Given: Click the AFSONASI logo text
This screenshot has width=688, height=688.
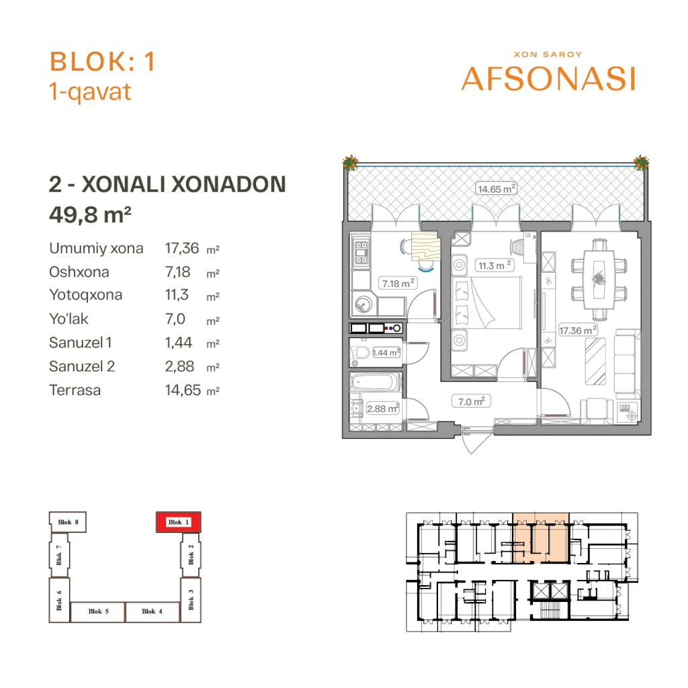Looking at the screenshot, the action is tap(548, 79).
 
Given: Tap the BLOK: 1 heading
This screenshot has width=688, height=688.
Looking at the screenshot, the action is tap(102, 61).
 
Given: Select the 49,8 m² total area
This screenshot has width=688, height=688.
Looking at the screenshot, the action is tap(90, 214).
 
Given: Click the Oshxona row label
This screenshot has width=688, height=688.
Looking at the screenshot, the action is tap(79, 272).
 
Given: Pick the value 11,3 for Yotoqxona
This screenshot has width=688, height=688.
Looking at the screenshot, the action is tap(177, 295).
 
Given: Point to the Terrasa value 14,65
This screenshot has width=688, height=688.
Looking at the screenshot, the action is tap(183, 390).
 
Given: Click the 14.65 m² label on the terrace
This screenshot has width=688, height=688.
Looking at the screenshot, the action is tap(497, 189).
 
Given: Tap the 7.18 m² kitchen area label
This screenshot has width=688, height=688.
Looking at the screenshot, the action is tap(398, 283).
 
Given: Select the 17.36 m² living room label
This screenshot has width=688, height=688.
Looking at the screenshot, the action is tap(578, 330).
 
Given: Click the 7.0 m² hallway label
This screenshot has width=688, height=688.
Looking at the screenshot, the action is tap(471, 402).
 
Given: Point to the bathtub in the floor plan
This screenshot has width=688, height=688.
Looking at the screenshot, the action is tap(375, 382).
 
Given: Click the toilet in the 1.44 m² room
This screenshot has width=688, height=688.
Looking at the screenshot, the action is tap(360, 352).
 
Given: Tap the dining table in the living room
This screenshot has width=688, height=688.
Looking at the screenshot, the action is tap(599, 281).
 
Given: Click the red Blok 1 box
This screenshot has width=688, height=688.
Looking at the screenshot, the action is tap(179, 522).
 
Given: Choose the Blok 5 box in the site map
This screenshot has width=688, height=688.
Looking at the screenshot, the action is tap(98, 611).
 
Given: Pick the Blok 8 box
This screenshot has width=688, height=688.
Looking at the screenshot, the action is tap(68, 522).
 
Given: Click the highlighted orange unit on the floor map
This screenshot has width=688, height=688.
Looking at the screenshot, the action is tap(541, 538).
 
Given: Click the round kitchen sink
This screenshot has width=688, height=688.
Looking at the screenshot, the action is tap(363, 304).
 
